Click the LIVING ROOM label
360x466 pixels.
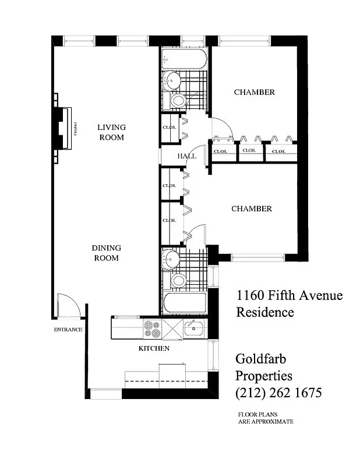(x=111, y=132)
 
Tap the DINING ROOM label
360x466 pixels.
(x=105, y=253)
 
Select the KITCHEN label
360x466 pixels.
(x=154, y=348)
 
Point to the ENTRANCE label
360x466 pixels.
(x=68, y=330)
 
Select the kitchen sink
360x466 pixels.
(x=193, y=329)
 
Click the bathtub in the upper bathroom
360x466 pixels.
(x=183, y=59)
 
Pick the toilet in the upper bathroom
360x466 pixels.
(x=178, y=101)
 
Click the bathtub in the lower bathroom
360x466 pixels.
(x=184, y=303)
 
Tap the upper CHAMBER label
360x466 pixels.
(x=254, y=92)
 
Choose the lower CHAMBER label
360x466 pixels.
(x=252, y=209)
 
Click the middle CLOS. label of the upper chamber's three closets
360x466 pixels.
(x=249, y=151)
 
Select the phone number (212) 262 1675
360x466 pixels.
(x=278, y=393)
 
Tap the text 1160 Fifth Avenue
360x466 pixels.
(x=289, y=295)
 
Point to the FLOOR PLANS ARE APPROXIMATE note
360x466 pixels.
(x=264, y=418)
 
